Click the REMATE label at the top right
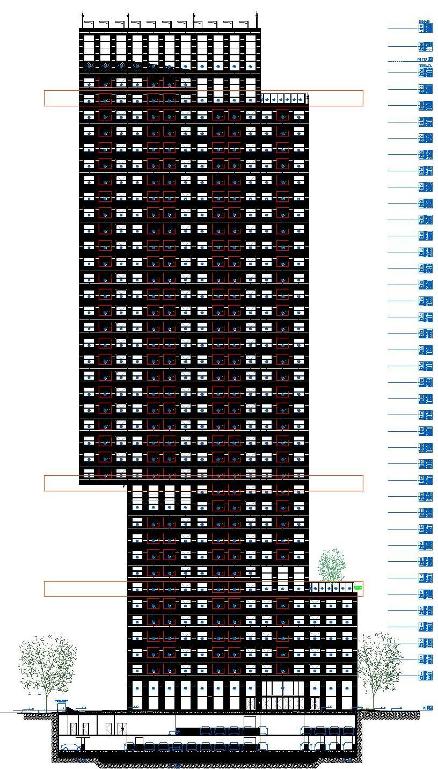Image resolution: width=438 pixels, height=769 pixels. point(424,21)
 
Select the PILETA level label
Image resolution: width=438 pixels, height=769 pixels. point(424,60)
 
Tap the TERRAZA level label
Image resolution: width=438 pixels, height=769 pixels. point(424,66)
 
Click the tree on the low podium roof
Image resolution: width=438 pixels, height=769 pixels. point(332,565)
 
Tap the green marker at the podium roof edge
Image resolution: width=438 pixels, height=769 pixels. point(359,589)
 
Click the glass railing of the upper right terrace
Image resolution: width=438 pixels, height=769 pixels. point(284,99)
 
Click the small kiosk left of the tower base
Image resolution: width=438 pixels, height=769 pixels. point(62,704)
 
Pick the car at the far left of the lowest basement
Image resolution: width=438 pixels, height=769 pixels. point(70,747)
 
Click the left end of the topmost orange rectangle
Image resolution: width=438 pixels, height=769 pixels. point(45,98)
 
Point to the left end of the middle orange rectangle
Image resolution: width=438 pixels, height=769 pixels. point(45,483)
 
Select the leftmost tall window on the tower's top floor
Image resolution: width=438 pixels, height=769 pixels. point(89,47)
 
